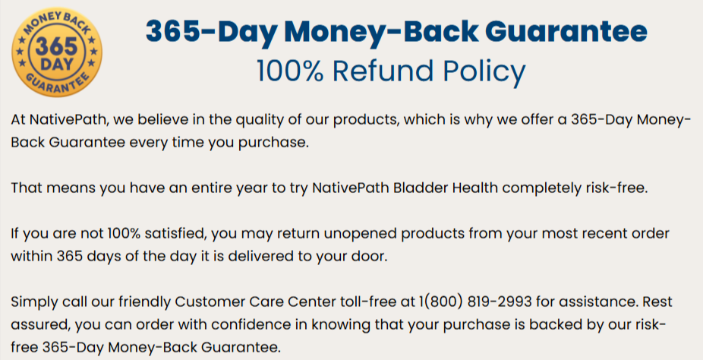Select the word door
tap(370, 256)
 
